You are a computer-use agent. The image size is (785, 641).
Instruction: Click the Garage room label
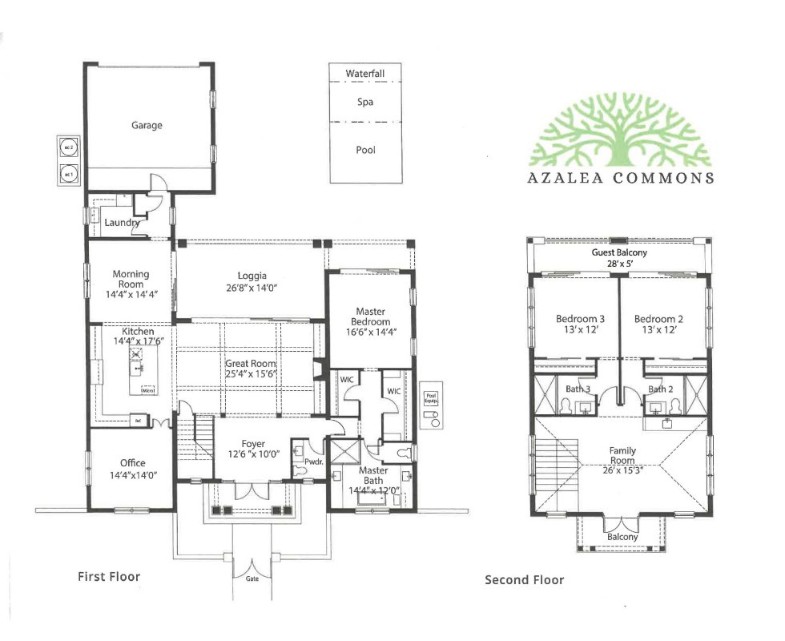pos(147,125)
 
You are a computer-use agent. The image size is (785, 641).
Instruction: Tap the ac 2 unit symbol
pos(68,148)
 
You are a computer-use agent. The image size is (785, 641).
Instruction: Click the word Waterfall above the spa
pos(365,74)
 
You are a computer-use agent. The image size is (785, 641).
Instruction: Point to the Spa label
pos(365,103)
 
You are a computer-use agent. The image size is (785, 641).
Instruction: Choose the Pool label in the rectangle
pos(365,150)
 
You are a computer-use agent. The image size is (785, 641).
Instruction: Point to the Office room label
pos(132,463)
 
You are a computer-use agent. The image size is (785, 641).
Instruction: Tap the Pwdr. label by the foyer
pos(313,462)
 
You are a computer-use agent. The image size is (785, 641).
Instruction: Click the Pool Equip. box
pos(431,395)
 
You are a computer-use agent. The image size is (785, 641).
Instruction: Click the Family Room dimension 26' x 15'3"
pos(622,471)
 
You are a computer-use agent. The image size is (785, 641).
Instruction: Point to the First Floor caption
pos(109,576)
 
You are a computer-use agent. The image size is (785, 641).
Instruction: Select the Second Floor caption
pos(524,580)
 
